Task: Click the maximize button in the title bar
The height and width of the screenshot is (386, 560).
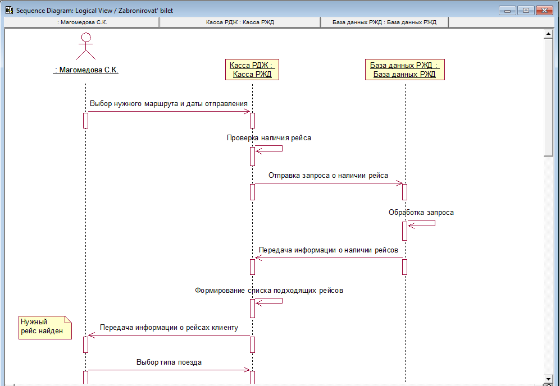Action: pos(526,10)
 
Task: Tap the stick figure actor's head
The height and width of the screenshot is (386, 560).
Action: pos(86,37)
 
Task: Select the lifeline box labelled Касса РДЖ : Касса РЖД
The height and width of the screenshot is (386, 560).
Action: pos(252,70)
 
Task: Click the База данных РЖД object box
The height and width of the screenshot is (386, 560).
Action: pos(404,70)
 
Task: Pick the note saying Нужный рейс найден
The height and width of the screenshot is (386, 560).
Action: pos(45,327)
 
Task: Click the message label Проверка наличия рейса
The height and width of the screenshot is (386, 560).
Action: pos(269,137)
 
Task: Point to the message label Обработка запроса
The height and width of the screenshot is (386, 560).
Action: pos(421,213)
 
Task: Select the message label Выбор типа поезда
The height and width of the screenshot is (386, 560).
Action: pos(169,362)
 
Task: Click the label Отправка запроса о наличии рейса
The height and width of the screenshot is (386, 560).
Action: pos(328,176)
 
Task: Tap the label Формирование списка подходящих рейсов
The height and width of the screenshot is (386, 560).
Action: pos(269,291)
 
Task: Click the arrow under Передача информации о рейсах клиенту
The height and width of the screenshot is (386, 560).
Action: pos(169,335)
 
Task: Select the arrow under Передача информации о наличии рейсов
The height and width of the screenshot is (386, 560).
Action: pos(329,258)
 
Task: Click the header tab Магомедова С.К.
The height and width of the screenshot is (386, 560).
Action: pos(82,22)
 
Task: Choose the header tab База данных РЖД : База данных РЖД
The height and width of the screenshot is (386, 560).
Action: pos(384,22)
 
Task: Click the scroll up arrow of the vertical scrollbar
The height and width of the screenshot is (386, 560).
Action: pos(548,34)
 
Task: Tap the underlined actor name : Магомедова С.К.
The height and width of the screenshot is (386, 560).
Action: pos(86,70)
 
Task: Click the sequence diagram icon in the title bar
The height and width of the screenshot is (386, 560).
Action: pos(10,10)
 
